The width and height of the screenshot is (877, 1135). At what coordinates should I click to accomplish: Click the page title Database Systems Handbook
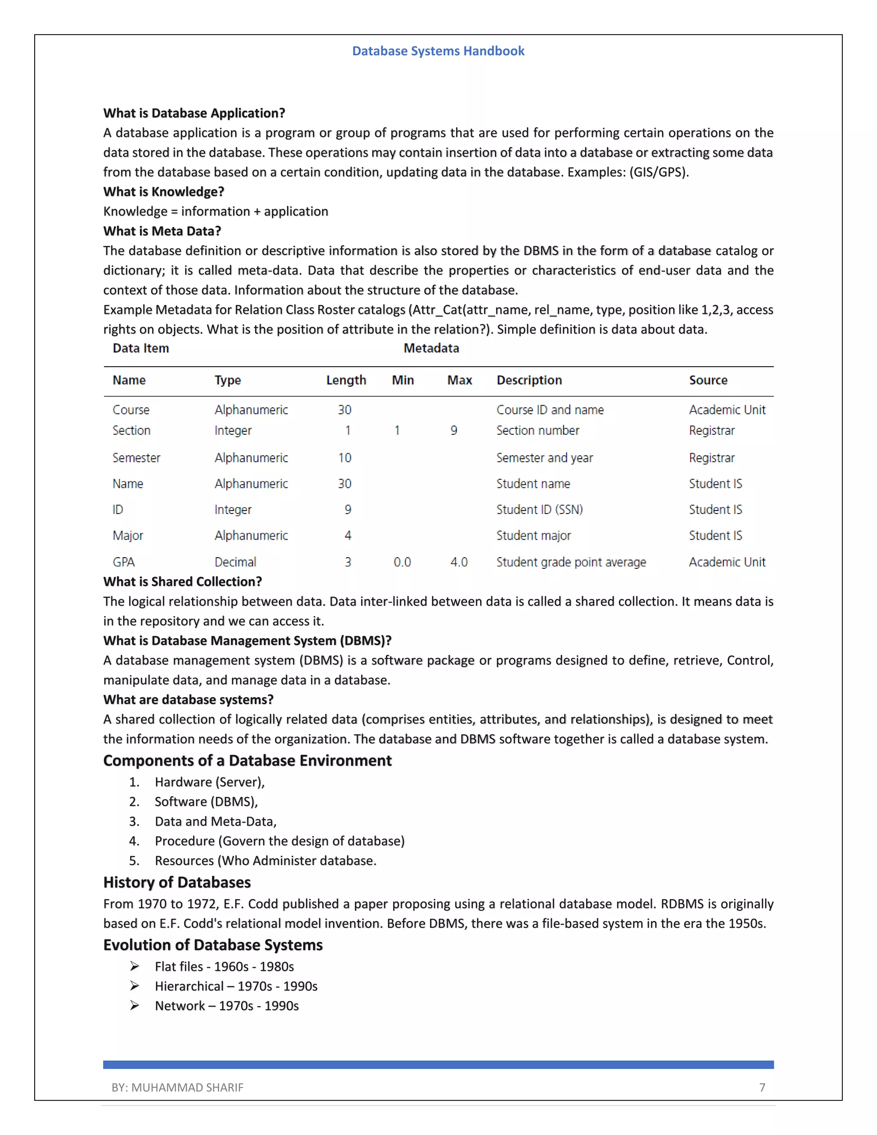click(x=438, y=51)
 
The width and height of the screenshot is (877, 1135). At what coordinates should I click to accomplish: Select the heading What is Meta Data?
click(x=162, y=231)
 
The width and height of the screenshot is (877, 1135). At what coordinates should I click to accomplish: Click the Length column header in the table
click(x=346, y=380)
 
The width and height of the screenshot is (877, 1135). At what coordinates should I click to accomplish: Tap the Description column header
click(x=529, y=380)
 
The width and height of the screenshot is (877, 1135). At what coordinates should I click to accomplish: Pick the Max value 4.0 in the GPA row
click(x=459, y=562)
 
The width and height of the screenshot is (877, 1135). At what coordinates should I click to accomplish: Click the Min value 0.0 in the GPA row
click(x=402, y=562)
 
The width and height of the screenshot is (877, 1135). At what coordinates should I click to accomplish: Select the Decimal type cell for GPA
click(x=236, y=562)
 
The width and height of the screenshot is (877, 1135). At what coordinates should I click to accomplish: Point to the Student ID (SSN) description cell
click(x=539, y=510)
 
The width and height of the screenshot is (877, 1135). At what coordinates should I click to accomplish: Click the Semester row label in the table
click(x=136, y=458)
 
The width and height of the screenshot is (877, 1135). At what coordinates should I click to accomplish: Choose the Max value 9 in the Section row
click(x=453, y=430)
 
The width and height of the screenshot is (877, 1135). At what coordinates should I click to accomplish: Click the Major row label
click(x=128, y=536)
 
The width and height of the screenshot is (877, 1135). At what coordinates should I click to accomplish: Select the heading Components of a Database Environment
click(x=248, y=761)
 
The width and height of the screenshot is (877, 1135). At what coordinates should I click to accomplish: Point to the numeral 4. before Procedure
click(x=134, y=841)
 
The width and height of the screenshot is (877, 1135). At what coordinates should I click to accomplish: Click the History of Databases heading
click(x=177, y=882)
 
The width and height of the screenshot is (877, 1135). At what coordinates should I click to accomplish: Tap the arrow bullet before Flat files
click(x=134, y=967)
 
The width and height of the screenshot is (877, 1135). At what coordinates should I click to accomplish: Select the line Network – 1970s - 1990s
click(x=227, y=1006)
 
